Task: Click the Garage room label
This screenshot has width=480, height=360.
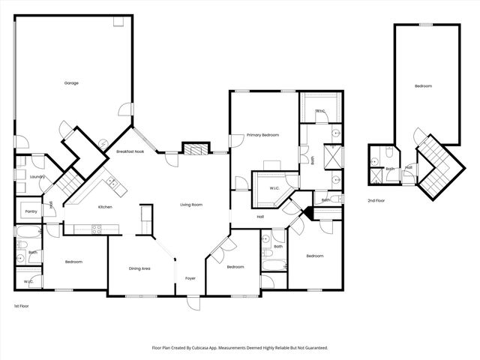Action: point(71,83)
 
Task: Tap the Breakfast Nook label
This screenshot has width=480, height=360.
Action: point(130,151)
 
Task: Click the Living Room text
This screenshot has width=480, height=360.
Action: point(190,205)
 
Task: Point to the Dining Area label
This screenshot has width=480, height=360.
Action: point(140,268)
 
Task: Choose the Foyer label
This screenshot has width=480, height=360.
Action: point(190,278)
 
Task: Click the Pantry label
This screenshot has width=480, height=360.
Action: point(31,211)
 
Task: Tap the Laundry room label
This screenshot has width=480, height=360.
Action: point(37,177)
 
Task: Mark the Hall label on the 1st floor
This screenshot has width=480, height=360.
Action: point(260,217)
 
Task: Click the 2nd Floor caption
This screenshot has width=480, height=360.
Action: point(376,201)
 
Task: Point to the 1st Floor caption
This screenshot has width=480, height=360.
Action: point(22,307)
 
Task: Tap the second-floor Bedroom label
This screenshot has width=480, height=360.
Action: point(424,87)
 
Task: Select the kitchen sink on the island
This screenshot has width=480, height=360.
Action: point(111,181)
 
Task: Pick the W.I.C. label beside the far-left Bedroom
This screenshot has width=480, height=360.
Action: point(28,282)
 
